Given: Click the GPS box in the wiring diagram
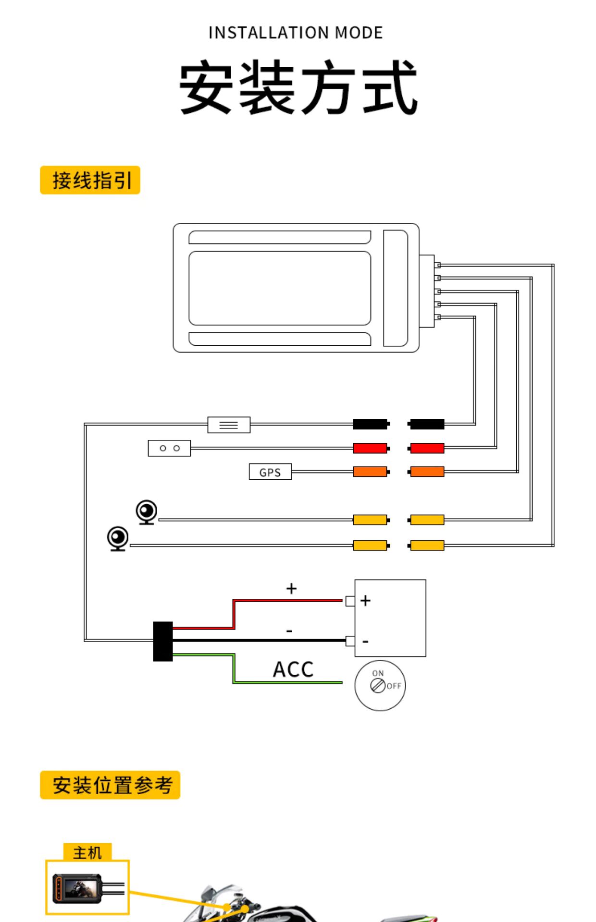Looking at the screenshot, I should point(270,472).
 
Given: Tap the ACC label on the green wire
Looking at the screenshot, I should point(293,669).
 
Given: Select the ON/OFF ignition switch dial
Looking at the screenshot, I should point(380,685).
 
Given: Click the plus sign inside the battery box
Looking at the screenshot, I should point(365,601).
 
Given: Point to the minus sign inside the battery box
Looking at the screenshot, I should point(365,642).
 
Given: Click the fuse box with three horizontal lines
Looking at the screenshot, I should point(229,425).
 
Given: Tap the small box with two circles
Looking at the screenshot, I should point(169,448).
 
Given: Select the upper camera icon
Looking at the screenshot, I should point(147,512).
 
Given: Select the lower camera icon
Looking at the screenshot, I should point(118,538).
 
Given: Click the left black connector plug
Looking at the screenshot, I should point(370,424).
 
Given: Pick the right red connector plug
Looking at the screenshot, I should point(427,448).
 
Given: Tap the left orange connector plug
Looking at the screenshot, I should point(370,472).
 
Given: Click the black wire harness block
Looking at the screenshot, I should point(163,642).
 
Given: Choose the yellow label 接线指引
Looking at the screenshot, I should point(90,180).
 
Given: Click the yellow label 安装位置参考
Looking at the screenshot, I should point(110,785).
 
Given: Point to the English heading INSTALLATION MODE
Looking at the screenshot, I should point(295,33).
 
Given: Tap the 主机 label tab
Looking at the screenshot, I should point(87,852).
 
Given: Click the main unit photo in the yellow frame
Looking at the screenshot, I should point(77,888).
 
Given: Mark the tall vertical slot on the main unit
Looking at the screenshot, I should point(395,288).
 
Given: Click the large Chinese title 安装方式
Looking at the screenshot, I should point(298,88).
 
